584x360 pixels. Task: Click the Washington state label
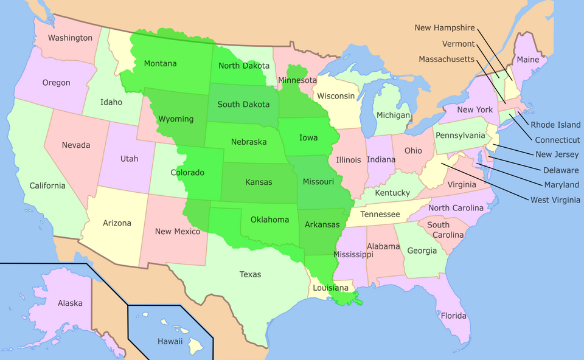[x=70, y=38]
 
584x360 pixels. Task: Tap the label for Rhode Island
[x=555, y=125]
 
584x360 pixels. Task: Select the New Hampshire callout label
[x=444, y=27]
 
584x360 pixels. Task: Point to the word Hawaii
[x=170, y=341]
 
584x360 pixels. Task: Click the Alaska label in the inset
[x=70, y=303]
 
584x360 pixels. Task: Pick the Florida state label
[x=454, y=316]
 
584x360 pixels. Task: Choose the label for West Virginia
[x=555, y=199]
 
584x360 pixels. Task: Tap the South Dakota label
[x=243, y=104]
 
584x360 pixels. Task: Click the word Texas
[x=250, y=274]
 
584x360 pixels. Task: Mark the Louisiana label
[x=331, y=288]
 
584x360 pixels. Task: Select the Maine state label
[x=527, y=60]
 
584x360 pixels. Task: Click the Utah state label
[x=129, y=159]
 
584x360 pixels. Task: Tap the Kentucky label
[x=392, y=193]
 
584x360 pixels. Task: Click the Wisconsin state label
[x=335, y=96]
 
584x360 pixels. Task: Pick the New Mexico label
[x=178, y=231]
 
